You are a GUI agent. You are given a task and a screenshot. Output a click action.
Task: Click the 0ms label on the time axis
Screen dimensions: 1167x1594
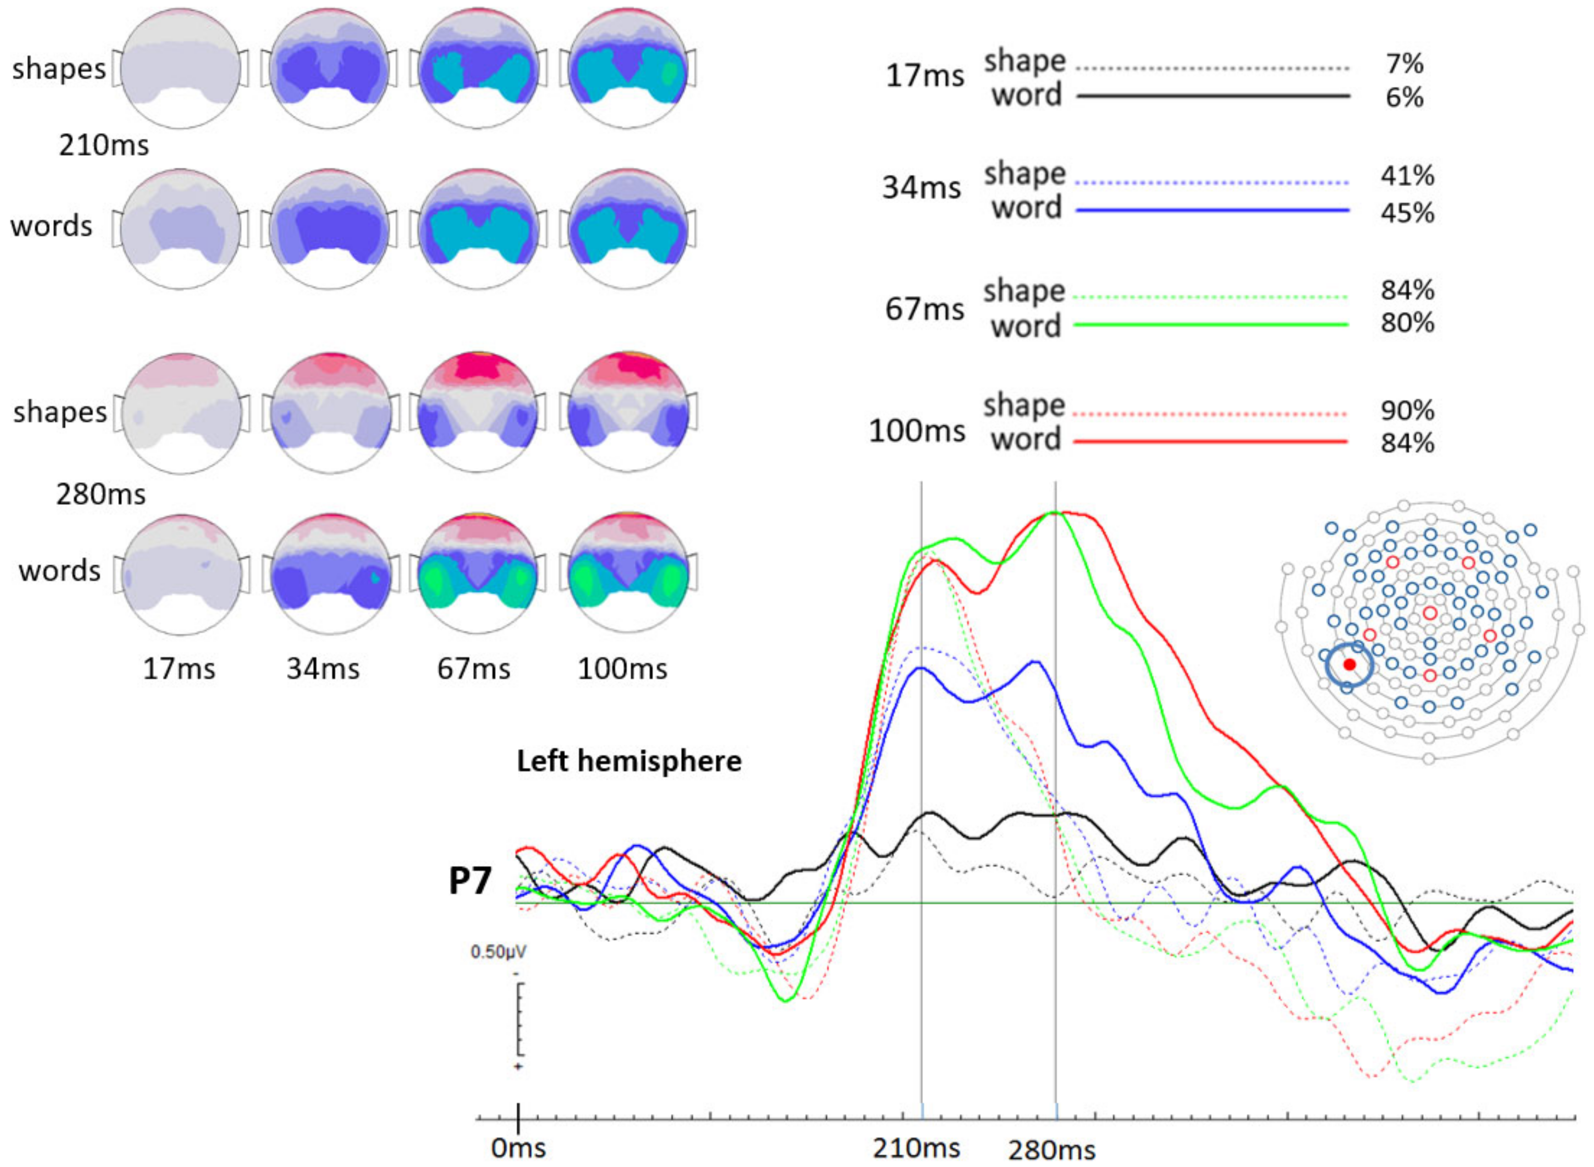[518, 1147]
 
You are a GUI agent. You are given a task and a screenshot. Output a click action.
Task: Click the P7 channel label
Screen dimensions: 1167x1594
[470, 881]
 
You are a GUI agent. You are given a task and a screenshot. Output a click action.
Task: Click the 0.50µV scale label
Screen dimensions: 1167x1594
[498, 952]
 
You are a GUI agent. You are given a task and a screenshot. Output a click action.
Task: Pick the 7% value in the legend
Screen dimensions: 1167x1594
[1404, 64]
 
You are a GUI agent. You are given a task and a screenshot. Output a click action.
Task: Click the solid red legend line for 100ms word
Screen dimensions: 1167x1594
[1210, 442]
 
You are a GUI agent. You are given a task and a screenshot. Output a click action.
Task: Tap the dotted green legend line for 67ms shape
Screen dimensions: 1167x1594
[1210, 297]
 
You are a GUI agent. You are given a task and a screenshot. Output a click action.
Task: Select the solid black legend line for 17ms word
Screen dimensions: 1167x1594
[1213, 95]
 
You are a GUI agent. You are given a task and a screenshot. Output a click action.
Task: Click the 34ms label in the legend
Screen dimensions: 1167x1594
[921, 188]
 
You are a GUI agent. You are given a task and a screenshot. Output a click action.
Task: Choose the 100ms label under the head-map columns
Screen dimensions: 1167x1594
[622, 668]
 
